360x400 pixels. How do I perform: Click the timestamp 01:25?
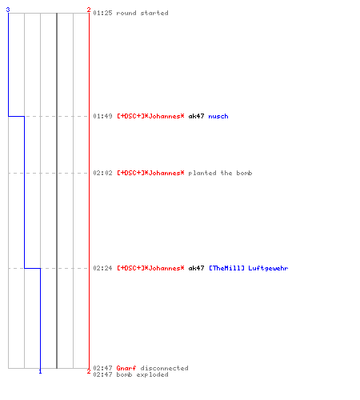tap(102, 13)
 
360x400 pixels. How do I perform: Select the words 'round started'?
tap(142, 13)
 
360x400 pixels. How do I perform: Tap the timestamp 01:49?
tap(102, 116)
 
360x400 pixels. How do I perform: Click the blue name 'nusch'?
tap(218, 116)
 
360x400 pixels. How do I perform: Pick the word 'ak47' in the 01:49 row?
tap(196, 116)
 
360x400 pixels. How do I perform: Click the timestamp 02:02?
tap(102, 173)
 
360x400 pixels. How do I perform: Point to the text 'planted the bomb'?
tap(220, 173)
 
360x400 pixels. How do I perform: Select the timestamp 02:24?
tap(102, 268)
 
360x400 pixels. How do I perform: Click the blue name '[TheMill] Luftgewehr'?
tap(248, 268)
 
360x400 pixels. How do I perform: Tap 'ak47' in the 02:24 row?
tap(196, 268)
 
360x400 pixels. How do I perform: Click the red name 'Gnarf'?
tap(126, 368)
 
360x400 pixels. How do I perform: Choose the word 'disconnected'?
tap(164, 368)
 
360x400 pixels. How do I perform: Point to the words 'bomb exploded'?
tap(142, 374)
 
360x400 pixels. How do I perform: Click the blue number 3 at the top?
tap(8, 10)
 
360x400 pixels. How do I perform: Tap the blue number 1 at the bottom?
tap(40, 371)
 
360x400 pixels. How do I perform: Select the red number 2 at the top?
tap(89, 10)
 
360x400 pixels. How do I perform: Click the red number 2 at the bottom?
tap(89, 371)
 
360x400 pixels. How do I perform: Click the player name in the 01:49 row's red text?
tap(150, 116)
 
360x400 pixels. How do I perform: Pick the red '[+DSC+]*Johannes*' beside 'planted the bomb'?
tap(150, 173)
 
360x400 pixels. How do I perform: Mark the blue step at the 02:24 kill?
tap(32, 268)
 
